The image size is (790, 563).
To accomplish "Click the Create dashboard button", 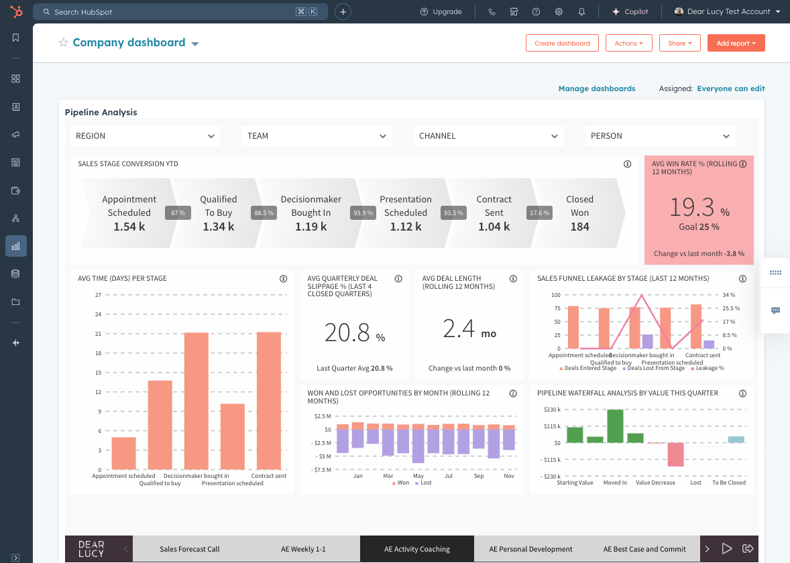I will pos(562,43).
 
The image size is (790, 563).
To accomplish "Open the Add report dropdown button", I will pos(736,43).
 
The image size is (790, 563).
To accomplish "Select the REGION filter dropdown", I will pos(145,136).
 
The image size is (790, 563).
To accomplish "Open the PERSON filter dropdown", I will pos(660,136).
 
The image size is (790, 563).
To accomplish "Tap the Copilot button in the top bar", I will pos(630,12).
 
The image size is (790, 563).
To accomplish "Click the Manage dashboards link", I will pos(596,88).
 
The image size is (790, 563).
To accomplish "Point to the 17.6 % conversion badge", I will pos(539,213).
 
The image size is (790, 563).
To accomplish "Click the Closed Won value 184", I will pos(579,227).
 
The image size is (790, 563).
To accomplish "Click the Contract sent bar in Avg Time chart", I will pos(269,400).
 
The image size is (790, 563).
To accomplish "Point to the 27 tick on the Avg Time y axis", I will pos(98,295).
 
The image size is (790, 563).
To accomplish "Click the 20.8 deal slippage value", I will pos(347,332).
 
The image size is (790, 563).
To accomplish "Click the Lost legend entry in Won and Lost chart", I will pos(425,483).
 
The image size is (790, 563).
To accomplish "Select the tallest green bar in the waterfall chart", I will pos(615,426).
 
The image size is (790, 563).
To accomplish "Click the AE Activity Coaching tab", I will pos(416,549).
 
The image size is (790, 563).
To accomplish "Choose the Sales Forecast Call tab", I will pos(189,549).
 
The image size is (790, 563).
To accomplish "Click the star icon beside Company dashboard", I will pos(64,43).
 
